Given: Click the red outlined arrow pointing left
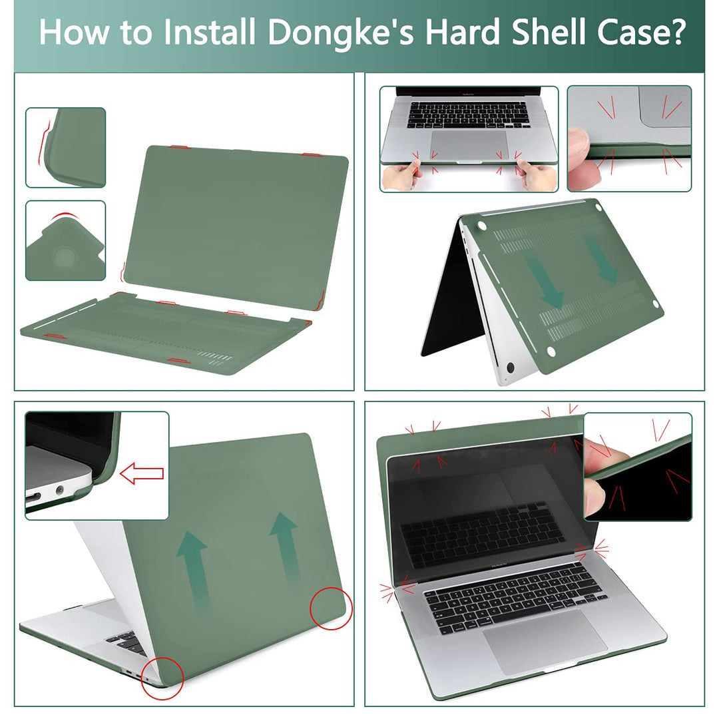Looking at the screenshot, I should [141, 474].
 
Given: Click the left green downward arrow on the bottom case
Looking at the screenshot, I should [547, 280].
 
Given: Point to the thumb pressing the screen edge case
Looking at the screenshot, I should [604, 459].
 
